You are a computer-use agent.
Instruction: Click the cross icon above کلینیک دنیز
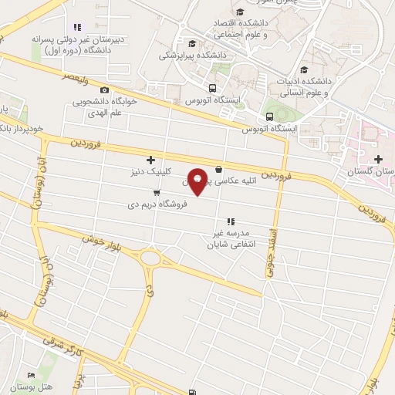pyautogui.click(x=150, y=160)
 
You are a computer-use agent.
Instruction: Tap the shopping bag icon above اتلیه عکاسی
pyautogui.click(x=219, y=170)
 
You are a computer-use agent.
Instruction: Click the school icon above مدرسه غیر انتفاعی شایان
pyautogui.click(x=230, y=222)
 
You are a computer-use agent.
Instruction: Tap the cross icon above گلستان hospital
pyautogui.click(x=377, y=159)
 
